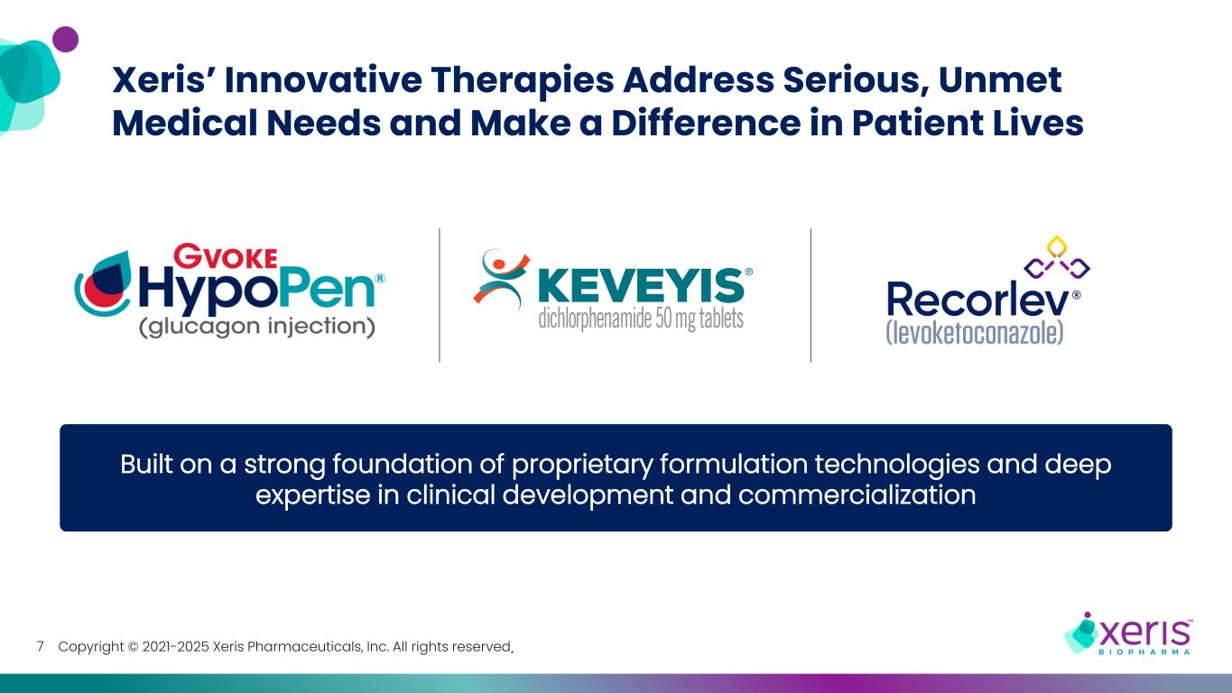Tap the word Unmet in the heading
[1001, 81]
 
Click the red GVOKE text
[224, 257]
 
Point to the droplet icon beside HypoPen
[103, 286]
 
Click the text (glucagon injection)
[256, 326]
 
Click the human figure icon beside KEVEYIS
[498, 279]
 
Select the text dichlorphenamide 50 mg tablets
[641, 319]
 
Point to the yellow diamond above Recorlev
[1055, 245]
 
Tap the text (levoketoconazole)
[975, 331]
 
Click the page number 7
[40, 647]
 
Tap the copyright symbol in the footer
[133, 647]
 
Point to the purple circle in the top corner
[65, 40]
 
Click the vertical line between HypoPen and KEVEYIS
[440, 295]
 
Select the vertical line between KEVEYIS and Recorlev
[811, 295]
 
